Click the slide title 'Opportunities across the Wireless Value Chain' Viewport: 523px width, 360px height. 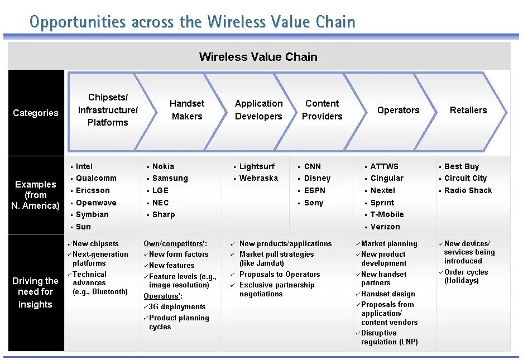(x=192, y=22)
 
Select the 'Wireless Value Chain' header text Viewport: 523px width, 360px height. (x=258, y=57)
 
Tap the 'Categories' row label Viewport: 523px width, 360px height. (x=36, y=113)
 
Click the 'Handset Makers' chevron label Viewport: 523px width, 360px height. (x=187, y=110)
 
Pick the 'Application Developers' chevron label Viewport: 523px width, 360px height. (x=258, y=110)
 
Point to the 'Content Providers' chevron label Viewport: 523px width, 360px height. (x=322, y=110)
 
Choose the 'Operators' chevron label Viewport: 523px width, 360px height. (x=398, y=110)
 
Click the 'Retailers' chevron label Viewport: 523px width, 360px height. (x=468, y=110)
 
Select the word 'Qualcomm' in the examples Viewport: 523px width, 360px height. (x=96, y=178)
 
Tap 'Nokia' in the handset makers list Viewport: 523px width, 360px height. (x=163, y=166)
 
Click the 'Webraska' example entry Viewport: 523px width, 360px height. (x=258, y=178)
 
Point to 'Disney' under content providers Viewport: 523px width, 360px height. (x=317, y=178)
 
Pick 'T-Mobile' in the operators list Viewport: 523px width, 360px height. (x=387, y=214)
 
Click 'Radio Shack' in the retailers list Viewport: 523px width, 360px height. (x=468, y=190)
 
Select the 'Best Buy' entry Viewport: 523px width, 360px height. (x=462, y=166)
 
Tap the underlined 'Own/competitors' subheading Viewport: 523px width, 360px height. (x=175, y=243)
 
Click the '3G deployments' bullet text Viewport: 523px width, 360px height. (x=177, y=306)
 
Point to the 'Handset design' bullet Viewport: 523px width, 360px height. (x=388, y=294)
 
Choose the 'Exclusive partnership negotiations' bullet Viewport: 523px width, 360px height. (x=276, y=289)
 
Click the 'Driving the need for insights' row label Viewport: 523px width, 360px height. (x=36, y=292)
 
